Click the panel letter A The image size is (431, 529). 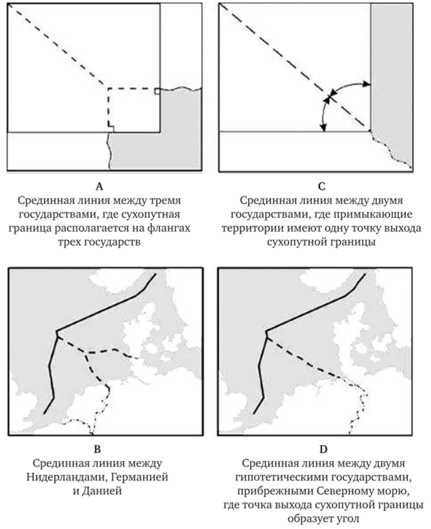click(99, 186)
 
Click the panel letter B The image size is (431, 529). click(97, 449)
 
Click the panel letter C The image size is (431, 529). click(322, 186)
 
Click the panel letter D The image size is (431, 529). click(323, 449)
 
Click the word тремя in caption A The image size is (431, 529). click(164, 201)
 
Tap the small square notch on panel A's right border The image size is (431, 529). click(157, 91)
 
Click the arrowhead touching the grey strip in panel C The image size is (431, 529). click(367, 85)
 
